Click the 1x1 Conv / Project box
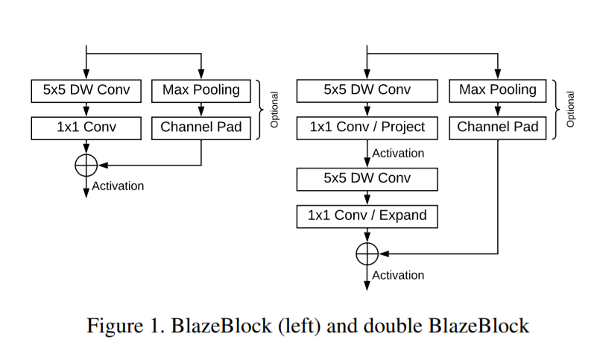367,127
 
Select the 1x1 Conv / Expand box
367,216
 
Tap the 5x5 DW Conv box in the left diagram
86,91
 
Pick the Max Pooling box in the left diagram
200,91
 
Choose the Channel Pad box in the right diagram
497,127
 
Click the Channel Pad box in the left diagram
200,127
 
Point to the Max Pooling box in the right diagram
497,91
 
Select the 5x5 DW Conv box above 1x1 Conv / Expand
367,179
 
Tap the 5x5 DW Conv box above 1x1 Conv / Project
367,91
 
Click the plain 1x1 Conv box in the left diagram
86,127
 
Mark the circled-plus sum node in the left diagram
86,165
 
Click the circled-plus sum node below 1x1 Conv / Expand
367,253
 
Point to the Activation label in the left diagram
118,186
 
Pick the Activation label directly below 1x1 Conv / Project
398,154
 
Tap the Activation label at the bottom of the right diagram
398,276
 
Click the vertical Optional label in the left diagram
274,110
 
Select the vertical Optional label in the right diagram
571,110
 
